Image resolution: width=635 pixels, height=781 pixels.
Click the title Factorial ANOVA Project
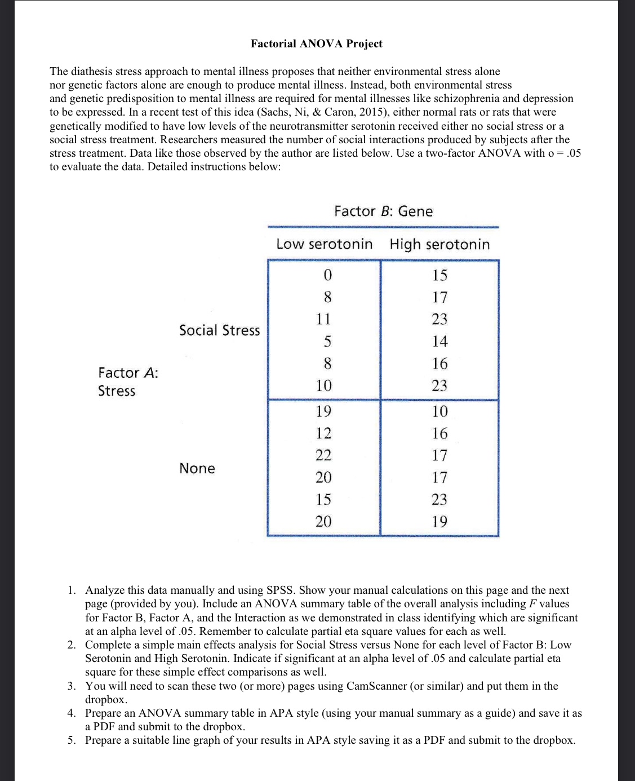coord(316,44)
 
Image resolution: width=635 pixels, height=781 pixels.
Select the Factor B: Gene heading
coord(383,211)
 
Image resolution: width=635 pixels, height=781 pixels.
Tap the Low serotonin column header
coord(324,244)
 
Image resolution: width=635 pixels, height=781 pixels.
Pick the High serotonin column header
coord(439,244)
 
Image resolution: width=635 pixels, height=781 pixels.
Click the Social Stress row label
coord(219,330)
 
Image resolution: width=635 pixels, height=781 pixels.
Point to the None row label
coord(197,469)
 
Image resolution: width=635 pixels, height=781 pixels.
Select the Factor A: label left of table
coord(128,373)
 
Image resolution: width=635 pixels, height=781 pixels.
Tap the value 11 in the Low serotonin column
coord(323,319)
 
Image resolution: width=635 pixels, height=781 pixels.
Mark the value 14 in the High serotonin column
coord(439,341)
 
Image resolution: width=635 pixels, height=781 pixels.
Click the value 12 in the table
coord(323,434)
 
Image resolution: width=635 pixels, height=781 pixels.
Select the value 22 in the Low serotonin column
coord(323,456)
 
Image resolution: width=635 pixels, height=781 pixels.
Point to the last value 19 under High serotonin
coord(439,522)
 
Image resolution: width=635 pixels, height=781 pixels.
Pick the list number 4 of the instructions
coord(72,713)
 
